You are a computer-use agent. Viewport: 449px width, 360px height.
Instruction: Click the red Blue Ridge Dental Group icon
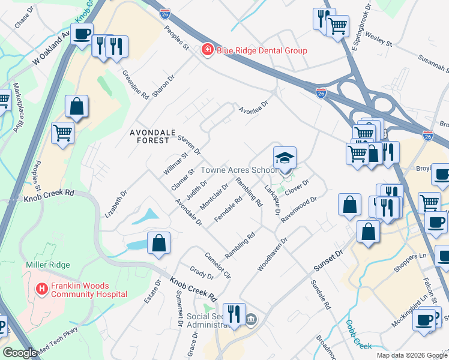207,50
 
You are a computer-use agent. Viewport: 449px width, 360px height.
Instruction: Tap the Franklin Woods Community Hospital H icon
42,289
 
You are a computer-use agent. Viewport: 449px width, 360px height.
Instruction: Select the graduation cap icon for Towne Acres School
285,157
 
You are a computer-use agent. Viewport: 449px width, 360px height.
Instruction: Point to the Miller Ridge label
47,265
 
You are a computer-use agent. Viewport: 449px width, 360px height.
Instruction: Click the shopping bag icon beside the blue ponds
158,243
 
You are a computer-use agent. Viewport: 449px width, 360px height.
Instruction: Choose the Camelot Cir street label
218,265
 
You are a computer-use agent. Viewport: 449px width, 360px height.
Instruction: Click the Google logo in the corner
20,353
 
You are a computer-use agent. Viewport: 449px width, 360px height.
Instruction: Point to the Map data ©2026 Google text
412,355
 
